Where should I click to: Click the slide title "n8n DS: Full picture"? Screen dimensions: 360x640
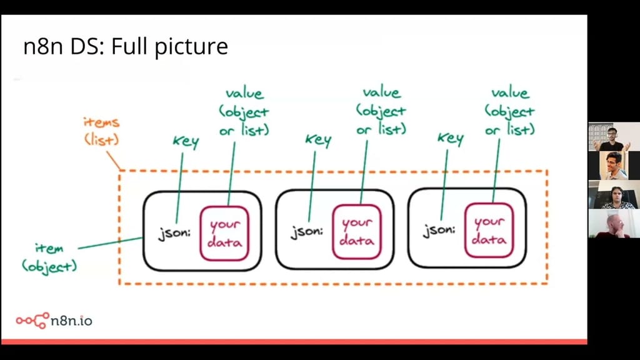click(125, 47)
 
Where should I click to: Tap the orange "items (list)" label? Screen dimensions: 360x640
click(101, 131)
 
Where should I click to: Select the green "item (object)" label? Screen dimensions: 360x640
click(49, 257)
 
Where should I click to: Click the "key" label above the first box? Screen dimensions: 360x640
click(185, 141)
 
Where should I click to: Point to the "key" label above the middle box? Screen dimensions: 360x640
click(317, 139)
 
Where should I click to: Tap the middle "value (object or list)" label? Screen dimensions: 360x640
click(381, 111)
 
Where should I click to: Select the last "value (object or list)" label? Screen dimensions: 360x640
click(509, 111)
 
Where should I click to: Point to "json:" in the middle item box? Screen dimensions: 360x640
click(306, 232)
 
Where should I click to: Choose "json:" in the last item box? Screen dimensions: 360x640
click(439, 231)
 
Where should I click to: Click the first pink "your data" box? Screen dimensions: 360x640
click(224, 232)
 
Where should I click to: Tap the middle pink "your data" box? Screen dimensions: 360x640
click(357, 231)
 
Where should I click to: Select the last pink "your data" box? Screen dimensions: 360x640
click(489, 229)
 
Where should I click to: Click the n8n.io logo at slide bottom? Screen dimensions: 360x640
click(54, 321)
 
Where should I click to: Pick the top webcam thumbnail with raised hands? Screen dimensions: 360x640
click(612, 136)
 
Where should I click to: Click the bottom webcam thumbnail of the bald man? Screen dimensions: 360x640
click(612, 224)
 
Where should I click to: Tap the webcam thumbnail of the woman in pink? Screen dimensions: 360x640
click(612, 194)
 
